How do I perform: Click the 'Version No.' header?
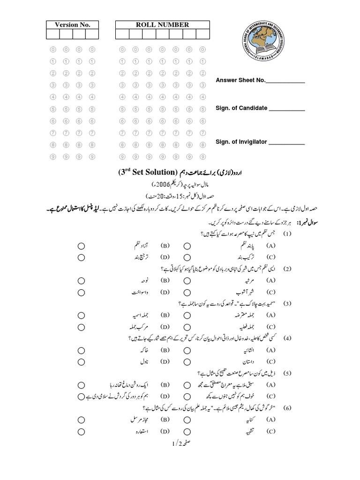point(72,25)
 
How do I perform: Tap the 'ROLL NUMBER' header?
point(162,25)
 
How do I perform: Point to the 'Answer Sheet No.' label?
point(240,80)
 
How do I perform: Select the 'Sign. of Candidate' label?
point(241,108)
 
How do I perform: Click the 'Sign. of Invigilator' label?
point(241,142)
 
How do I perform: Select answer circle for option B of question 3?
point(81,315)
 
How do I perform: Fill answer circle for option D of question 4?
point(81,362)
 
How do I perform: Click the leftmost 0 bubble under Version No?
point(53,49)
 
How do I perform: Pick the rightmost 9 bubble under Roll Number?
point(203,157)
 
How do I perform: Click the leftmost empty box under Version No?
point(52,34)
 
